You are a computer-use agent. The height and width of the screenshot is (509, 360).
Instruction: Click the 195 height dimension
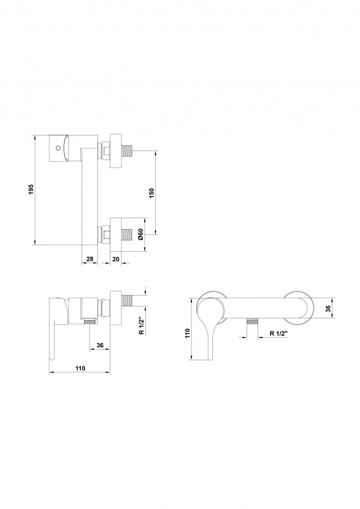point(31,189)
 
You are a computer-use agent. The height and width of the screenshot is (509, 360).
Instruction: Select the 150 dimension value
point(152,192)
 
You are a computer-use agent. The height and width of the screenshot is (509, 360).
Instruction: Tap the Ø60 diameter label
point(140,234)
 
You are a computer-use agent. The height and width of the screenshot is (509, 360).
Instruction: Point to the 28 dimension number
point(89,259)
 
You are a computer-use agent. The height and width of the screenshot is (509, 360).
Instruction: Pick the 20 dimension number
point(116,259)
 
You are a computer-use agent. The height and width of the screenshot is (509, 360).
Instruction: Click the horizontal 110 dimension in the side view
point(80,368)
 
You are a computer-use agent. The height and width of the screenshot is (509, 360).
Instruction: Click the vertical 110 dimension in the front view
point(187,334)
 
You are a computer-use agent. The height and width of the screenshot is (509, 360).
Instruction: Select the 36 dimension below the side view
point(100,345)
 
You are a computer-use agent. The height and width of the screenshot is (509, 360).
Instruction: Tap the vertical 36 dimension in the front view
point(328,308)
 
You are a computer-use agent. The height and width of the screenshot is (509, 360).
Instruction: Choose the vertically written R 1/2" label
point(142,326)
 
